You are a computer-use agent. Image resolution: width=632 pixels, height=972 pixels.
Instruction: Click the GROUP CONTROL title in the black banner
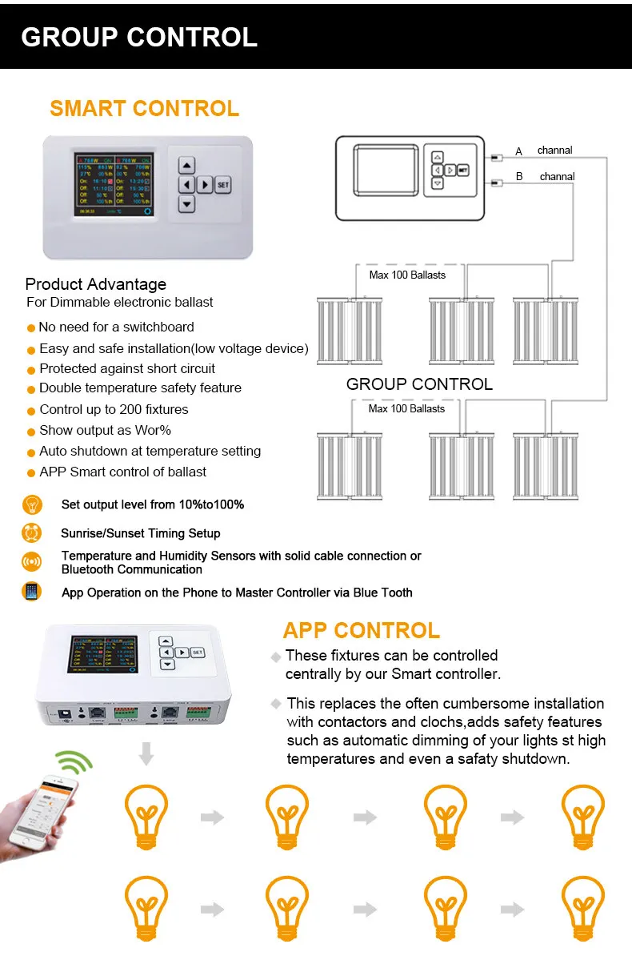pos(139,37)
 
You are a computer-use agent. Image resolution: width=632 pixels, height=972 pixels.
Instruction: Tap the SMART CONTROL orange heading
pos(144,109)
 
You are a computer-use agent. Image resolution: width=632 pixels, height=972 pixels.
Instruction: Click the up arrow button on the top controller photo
pos(186,166)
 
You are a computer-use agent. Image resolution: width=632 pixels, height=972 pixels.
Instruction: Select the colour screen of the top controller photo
pos(113,185)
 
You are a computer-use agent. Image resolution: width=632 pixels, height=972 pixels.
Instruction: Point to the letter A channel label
pos(518,151)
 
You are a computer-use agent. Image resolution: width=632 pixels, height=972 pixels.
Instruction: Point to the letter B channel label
pos(519,177)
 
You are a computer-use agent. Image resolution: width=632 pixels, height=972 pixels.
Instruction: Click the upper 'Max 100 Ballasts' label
pos(407,275)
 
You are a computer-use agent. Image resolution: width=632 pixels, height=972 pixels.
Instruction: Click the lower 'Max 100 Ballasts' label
pos(406,408)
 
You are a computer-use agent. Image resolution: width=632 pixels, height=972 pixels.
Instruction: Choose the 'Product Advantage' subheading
pos(96,284)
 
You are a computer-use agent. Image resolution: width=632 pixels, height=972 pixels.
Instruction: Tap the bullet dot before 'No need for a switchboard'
pos(31,327)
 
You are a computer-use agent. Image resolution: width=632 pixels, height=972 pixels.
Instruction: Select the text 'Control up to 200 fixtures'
pos(114,409)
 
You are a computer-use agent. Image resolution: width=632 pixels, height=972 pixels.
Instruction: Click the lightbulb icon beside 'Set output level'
pos(31,504)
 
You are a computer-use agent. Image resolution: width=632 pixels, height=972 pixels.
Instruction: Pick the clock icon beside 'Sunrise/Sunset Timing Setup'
pos(31,533)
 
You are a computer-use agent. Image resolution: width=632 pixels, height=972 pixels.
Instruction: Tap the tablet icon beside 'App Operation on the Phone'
pos(31,592)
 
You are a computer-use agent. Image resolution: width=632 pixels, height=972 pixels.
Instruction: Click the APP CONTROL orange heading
pos(362,631)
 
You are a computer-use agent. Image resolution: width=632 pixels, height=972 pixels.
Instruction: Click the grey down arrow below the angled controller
pos(146,753)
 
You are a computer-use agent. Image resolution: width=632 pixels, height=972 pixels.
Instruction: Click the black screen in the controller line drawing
pos(386,170)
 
